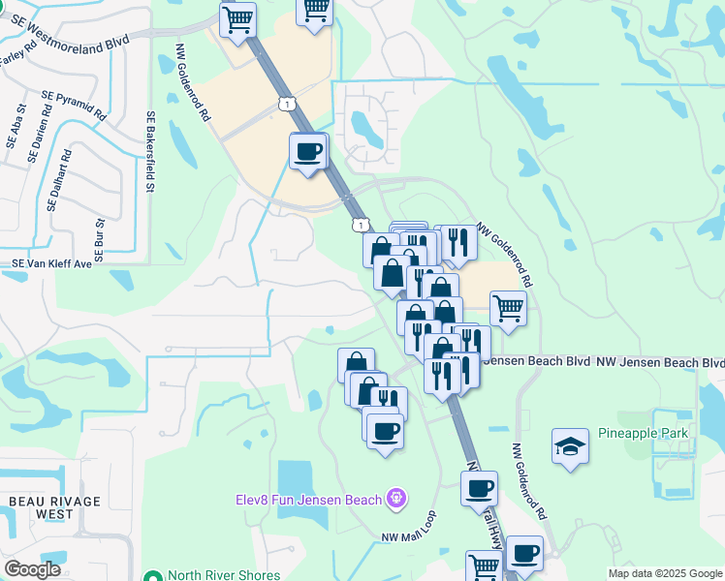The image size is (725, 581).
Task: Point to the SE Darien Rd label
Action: pos(40,138)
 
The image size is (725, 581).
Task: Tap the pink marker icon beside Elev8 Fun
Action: pos(395,499)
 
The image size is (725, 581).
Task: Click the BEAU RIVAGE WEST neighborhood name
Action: pos(40,507)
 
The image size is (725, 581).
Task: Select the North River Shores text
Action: pos(222,575)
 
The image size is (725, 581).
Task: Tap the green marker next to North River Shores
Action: pos(152,575)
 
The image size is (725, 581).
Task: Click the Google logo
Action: pos(32,569)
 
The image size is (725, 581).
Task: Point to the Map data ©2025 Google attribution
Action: pos(664,573)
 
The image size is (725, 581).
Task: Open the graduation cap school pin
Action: pos(571,446)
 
